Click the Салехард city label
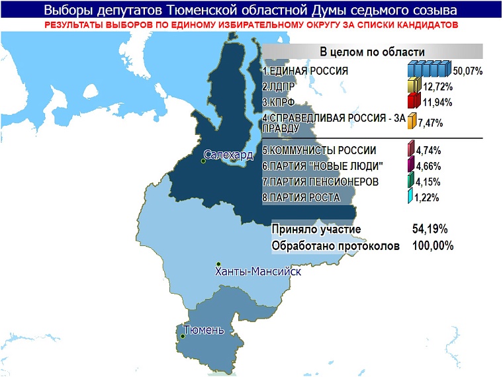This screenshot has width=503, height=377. pos(229,155)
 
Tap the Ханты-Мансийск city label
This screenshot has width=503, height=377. pos(259,272)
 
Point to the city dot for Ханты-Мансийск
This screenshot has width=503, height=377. pos(218,264)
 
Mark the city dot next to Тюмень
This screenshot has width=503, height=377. pos(183,337)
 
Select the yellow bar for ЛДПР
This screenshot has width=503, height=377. pos(414,85)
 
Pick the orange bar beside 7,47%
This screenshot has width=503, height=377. pos(411,122)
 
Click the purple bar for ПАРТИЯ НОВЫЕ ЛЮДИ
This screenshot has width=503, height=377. pos(411,165)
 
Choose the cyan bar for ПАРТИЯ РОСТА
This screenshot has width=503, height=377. pos(410,196)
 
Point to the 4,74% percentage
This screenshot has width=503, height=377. pos(428,150)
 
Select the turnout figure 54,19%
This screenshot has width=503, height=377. pos(430,230)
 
